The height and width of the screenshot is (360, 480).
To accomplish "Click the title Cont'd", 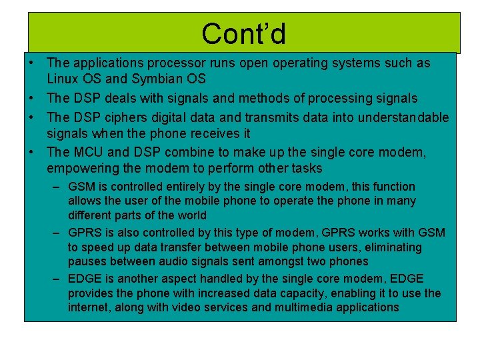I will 243,33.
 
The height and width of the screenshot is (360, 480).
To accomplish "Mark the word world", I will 193,215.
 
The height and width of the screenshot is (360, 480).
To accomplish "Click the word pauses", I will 86,261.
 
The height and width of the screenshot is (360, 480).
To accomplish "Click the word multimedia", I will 312,307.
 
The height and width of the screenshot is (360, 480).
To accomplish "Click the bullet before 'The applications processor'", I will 31,63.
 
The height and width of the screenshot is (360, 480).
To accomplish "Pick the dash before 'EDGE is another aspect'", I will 57,279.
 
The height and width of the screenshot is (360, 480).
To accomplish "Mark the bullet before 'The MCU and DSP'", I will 31,152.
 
